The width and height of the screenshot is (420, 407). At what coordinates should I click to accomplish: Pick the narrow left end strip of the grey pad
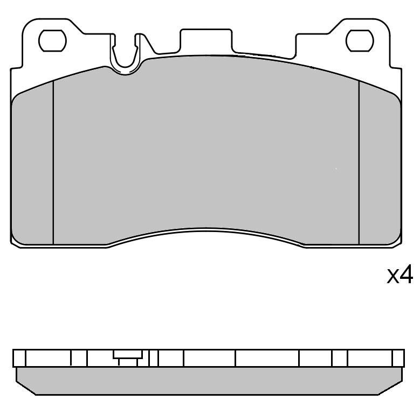32,167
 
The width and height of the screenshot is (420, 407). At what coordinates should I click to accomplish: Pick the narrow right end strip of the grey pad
380,167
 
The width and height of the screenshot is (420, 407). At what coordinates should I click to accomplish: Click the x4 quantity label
400,276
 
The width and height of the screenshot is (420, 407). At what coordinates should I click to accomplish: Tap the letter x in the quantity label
393,277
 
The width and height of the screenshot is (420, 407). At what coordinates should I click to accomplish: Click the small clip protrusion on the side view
127,356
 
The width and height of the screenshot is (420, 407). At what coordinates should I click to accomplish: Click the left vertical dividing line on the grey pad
53,162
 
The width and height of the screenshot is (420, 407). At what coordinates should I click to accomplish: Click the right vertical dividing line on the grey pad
359,162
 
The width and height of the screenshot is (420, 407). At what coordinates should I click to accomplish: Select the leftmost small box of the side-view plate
19,358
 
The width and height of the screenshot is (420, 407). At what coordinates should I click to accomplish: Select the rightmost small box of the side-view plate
398,358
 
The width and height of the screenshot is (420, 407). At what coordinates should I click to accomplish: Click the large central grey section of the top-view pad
206,151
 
